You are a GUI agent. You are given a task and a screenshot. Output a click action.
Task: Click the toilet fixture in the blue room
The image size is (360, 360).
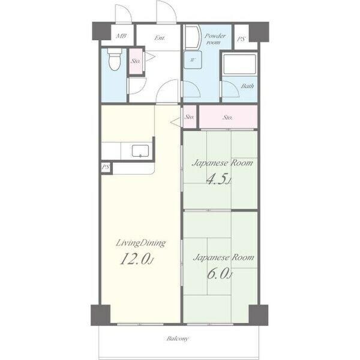114,59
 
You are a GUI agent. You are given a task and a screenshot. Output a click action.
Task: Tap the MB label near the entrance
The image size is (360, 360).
121,36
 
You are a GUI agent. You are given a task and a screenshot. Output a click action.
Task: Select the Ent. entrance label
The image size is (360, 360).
160,38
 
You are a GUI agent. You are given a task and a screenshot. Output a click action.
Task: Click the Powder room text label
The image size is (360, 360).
215,39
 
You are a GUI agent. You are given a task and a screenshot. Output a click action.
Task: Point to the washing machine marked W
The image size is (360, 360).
193,60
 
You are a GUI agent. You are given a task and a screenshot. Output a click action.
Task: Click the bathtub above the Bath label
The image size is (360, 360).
239,64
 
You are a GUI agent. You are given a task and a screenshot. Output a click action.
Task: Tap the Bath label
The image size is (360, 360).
247,86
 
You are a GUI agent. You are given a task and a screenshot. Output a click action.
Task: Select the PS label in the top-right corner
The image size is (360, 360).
241,39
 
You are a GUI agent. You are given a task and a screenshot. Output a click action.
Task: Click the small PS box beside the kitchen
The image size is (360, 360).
106,167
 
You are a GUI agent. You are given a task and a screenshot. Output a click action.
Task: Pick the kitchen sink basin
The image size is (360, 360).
140,151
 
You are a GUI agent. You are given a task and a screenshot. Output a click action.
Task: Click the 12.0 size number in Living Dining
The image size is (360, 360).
136,259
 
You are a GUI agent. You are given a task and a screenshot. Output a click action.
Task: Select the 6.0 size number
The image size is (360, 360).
220,273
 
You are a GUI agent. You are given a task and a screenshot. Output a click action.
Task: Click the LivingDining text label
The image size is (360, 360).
140,243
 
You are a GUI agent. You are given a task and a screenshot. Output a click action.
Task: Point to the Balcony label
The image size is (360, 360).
178,338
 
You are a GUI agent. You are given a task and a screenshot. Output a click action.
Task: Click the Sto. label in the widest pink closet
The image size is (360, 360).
227,118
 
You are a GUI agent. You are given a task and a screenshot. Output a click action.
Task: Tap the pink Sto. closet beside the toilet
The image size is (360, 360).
136,61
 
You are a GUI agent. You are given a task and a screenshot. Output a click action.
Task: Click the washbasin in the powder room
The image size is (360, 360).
193,38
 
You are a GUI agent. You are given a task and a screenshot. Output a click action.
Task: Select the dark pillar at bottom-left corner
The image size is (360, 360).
101,315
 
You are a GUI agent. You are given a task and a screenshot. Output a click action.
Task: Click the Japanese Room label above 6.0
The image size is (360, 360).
223,258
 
